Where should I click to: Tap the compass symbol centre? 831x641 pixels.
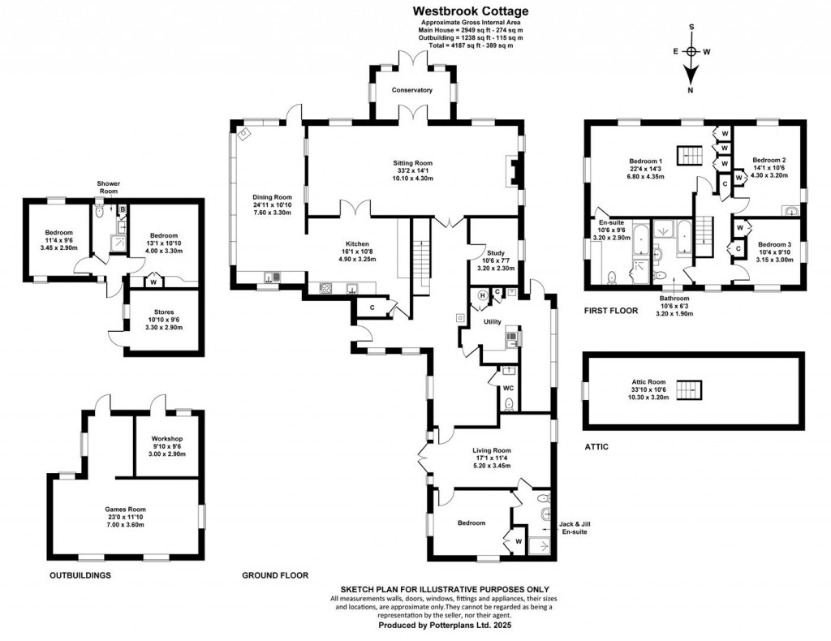pyautogui.click(x=691, y=51)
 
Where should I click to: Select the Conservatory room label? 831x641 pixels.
pyautogui.click(x=411, y=90)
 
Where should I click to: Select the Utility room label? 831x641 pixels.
pyautogui.click(x=492, y=322)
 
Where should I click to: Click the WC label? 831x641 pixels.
pyautogui.click(x=509, y=389)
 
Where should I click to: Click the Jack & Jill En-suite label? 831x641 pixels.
pyautogui.click(x=575, y=528)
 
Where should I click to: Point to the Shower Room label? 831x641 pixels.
pyautogui.click(x=108, y=187)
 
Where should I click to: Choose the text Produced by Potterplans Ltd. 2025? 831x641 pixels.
pyautogui.click(x=445, y=626)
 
